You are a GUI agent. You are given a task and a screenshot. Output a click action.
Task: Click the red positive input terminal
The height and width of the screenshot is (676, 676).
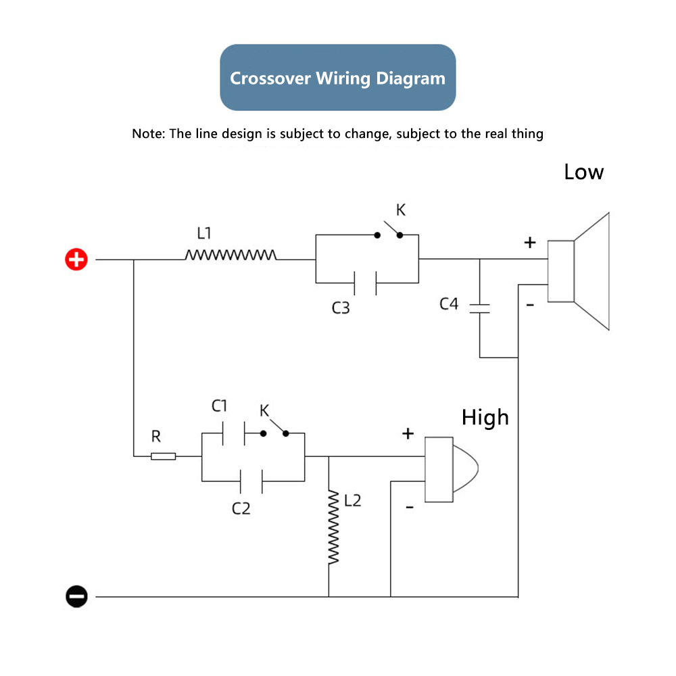click(76, 260)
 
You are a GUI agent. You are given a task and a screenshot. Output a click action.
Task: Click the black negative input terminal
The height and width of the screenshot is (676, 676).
click(76, 597)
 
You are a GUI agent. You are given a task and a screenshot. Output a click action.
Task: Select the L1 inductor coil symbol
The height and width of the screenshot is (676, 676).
click(231, 255)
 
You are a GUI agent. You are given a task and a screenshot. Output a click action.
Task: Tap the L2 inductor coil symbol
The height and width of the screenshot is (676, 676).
click(333, 527)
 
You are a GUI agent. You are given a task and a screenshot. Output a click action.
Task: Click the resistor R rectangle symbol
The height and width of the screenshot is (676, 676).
click(164, 456)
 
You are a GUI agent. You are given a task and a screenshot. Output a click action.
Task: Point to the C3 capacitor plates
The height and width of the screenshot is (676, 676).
click(365, 283)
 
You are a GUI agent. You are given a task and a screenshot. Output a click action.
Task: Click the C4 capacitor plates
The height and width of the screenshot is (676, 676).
click(479, 308)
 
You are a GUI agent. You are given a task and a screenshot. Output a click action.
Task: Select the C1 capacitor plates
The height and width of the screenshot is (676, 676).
click(234, 433)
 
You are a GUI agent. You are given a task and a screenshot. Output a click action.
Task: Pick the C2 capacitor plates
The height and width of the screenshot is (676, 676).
click(251, 481)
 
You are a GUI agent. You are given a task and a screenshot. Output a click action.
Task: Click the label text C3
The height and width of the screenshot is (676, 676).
click(341, 308)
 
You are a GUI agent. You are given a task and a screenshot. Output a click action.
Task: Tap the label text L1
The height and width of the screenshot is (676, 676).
click(204, 233)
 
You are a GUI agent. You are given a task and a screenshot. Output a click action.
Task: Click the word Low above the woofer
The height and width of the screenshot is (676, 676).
click(584, 172)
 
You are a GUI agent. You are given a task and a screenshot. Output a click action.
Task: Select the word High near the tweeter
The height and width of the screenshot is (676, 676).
click(485, 418)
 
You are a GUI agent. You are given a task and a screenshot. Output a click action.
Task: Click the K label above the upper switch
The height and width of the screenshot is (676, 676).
click(401, 210)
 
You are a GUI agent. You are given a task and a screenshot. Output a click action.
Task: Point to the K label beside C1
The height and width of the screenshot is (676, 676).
click(264, 410)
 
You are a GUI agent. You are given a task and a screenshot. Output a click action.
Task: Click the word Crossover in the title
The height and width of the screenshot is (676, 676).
click(270, 78)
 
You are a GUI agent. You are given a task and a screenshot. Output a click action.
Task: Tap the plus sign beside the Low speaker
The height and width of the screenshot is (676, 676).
click(530, 242)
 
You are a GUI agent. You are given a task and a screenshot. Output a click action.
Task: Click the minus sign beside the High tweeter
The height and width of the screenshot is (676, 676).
click(410, 507)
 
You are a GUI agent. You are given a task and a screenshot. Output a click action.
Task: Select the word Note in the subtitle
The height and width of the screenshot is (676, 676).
click(147, 134)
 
